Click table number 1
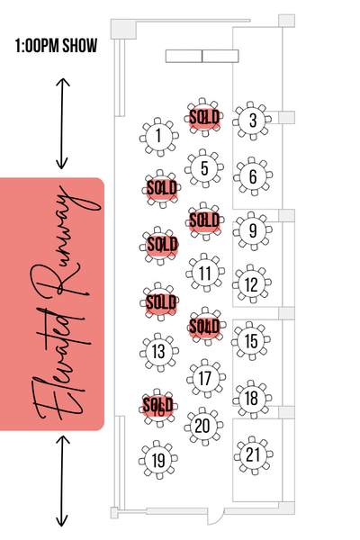click(x=158, y=137)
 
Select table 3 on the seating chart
click(x=253, y=121)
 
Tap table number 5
click(x=204, y=168)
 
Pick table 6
click(x=253, y=176)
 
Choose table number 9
click(x=253, y=230)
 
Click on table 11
click(x=205, y=273)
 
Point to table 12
click(x=251, y=284)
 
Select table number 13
click(x=158, y=352)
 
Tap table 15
click(x=251, y=341)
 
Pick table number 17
click(x=206, y=379)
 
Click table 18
click(x=252, y=399)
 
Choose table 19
click(x=158, y=460)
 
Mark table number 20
click(x=203, y=427)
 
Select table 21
click(x=253, y=455)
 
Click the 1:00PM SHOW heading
click(x=56, y=46)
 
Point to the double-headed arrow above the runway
click(x=63, y=123)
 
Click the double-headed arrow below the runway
click(x=62, y=481)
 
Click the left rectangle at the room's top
click(x=184, y=56)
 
